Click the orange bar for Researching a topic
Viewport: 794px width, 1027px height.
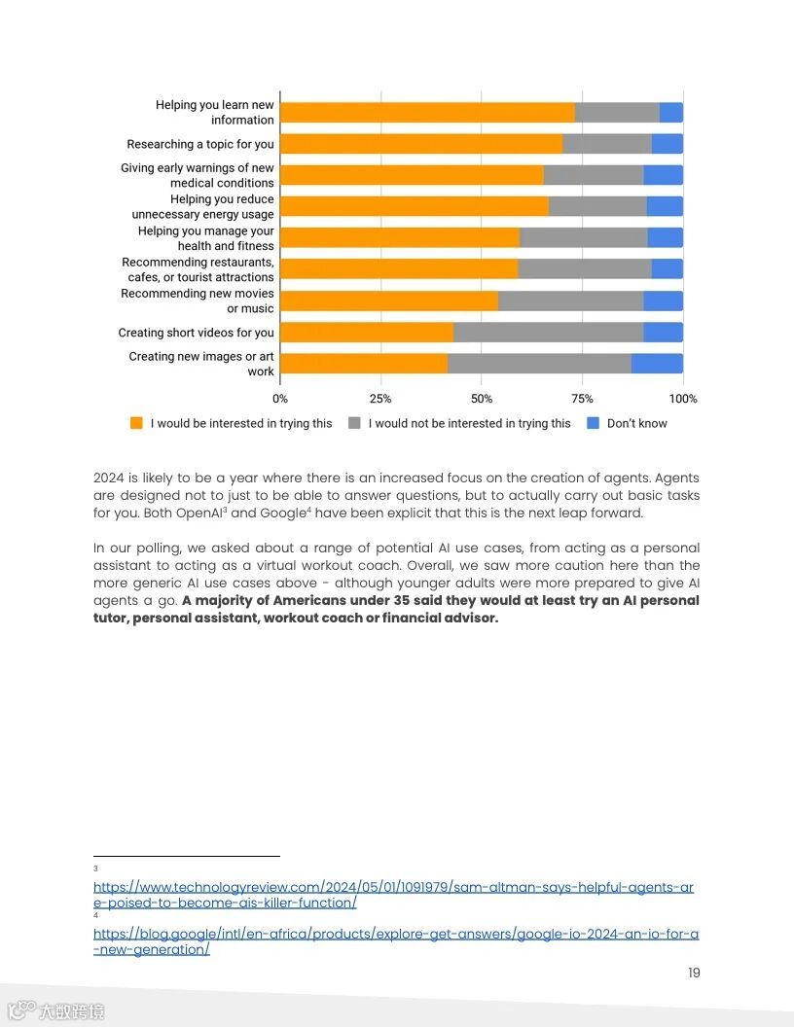tap(420, 144)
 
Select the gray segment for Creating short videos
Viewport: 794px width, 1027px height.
tap(548, 333)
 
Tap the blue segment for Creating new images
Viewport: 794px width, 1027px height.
tap(657, 364)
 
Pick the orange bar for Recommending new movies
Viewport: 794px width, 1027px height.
tap(388, 301)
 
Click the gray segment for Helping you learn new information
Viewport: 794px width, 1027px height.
tap(617, 113)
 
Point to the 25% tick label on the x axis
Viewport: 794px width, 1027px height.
tap(380, 399)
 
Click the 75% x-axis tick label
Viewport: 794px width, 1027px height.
tap(582, 399)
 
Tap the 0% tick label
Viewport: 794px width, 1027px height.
tap(280, 399)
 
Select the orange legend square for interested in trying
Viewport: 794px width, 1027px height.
tap(136, 423)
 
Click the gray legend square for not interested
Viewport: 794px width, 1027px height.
tap(354, 423)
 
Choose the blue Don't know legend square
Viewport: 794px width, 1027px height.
tap(594, 423)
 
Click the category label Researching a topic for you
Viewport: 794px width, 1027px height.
tap(200, 144)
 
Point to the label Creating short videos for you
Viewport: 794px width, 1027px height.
tap(197, 333)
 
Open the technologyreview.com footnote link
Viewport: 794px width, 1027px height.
tap(393, 895)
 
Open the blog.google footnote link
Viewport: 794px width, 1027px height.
tap(395, 941)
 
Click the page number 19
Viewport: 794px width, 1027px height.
tap(694, 973)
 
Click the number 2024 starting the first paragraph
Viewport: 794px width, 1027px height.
tap(109, 478)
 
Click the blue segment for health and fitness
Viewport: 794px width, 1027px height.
tap(665, 237)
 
